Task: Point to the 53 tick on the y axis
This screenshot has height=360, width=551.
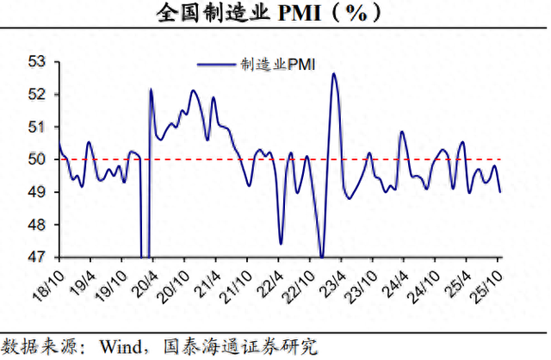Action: [38, 61]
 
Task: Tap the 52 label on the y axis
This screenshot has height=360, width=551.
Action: [38, 94]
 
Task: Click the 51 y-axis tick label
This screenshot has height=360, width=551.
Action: [38, 127]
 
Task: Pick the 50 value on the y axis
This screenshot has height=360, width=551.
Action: [38, 159]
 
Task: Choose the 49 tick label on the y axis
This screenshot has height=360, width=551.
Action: [38, 192]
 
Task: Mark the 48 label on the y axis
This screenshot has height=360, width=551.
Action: [38, 225]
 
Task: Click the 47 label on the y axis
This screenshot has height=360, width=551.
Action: [38, 257]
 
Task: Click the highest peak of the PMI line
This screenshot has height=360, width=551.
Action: [334, 74]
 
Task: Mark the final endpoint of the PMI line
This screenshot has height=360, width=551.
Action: [500, 192]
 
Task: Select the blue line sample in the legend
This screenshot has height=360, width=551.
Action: [216, 63]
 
